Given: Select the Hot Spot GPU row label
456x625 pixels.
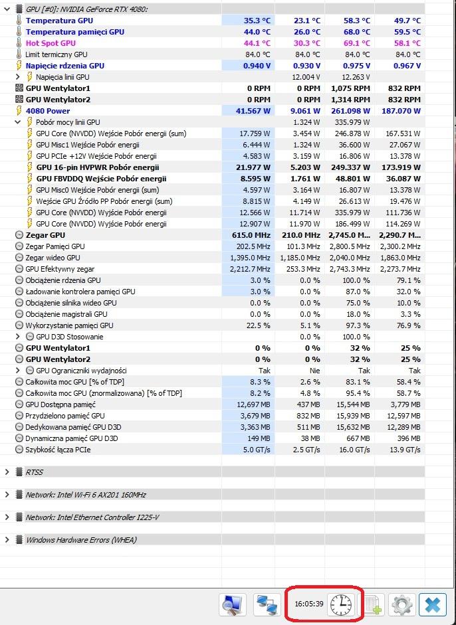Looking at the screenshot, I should tap(51, 43).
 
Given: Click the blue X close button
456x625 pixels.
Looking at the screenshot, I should tap(432, 604).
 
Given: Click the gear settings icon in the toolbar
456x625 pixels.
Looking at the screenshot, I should tap(402, 604).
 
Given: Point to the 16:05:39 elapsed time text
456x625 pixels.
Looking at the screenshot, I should tap(308, 604).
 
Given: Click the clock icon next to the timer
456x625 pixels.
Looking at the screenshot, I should tap(341, 604).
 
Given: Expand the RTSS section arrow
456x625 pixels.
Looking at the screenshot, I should tap(7, 472).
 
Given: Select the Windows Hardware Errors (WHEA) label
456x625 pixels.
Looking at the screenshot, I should tap(81, 540).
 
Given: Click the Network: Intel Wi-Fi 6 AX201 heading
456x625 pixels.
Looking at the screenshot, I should tap(86, 495).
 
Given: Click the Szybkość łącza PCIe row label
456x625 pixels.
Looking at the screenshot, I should tap(58, 450).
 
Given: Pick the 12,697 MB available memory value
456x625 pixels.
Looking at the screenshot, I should tap(253, 404).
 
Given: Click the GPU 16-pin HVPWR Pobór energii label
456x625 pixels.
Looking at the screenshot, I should tap(98, 167).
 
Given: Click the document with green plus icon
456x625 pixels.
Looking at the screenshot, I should tap(371, 604).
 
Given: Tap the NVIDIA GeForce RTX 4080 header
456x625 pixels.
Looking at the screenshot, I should tap(86, 9).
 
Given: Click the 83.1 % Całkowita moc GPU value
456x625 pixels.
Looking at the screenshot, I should tap(356, 382).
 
